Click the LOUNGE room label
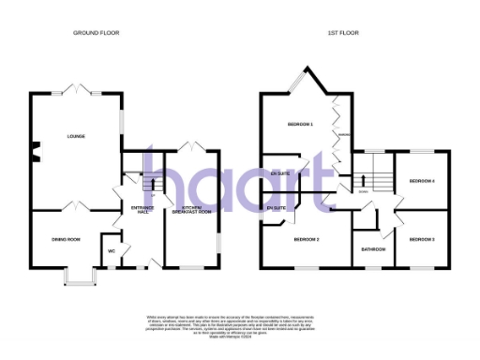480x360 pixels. point(76,136)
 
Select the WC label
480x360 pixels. point(112,251)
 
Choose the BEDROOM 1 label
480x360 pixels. point(299,124)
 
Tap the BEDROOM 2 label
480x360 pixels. point(307,240)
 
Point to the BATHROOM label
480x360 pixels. point(374,248)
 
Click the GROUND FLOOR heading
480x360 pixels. point(97,33)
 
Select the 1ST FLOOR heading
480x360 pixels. point(342,33)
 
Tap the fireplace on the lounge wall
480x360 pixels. point(34,148)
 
